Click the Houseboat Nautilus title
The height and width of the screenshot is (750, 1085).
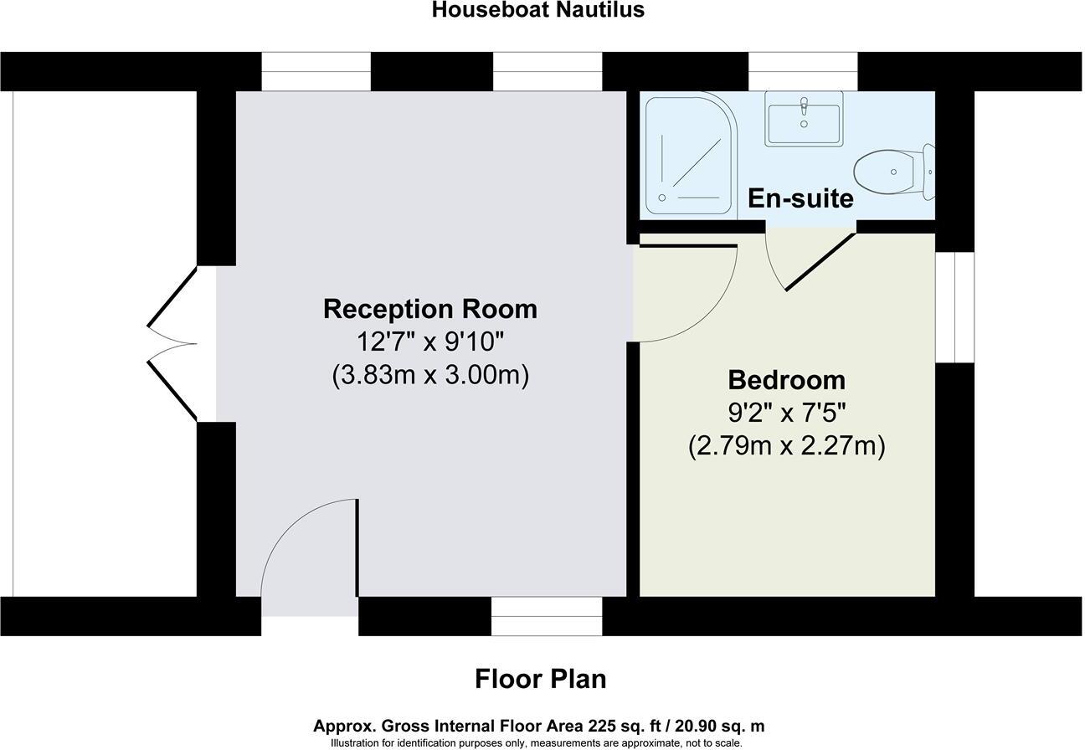click(538, 10)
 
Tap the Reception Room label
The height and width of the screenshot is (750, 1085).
click(430, 308)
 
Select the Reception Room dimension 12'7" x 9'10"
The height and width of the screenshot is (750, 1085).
click(430, 342)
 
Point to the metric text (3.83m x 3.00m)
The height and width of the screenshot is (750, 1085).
click(430, 375)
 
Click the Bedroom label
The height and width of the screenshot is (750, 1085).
click(786, 379)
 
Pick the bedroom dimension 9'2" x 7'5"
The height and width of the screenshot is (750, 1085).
click(786, 413)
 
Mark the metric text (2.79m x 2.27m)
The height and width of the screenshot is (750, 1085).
click(786, 446)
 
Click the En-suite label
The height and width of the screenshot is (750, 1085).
click(800, 198)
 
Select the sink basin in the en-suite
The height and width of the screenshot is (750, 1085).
click(804, 119)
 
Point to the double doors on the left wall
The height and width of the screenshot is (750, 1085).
click(174, 343)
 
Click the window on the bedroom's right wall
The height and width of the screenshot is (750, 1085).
click(954, 306)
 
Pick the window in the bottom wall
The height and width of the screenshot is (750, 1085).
click(546, 616)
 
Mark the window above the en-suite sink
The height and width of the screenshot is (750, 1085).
click(803, 71)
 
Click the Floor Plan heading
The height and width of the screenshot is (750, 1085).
click(540, 678)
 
